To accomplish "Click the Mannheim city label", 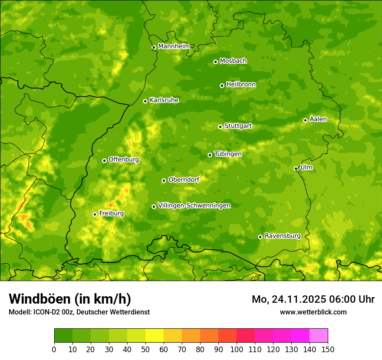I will [x=174, y=46].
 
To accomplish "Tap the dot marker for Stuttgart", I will [x=220, y=127].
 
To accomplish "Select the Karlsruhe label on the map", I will [x=164, y=100].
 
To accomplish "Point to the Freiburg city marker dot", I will [x=95, y=214].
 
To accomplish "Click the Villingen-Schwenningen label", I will [x=194, y=206].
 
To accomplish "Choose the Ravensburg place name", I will [x=283, y=236].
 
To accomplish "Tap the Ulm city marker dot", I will [x=296, y=168].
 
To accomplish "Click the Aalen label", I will [x=318, y=119].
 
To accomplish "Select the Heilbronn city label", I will [x=241, y=85].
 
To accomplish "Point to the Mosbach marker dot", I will [x=215, y=62].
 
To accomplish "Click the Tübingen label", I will [x=228, y=154].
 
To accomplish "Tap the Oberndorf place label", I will [x=184, y=180].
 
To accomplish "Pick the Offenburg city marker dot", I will [x=104, y=160].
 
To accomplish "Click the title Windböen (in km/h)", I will [x=70, y=299].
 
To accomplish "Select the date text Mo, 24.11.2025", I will [x=290, y=299].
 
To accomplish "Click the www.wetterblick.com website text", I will [x=313, y=312].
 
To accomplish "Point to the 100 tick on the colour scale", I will [x=237, y=349].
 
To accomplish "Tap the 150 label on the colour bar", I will [x=328, y=349].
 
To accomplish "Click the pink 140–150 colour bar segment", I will [x=319, y=336].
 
